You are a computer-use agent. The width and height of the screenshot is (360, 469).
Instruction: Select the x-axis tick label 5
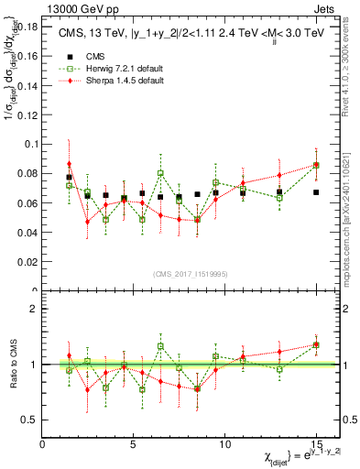tap(134, 444)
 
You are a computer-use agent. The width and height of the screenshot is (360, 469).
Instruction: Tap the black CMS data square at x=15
tap(316, 192)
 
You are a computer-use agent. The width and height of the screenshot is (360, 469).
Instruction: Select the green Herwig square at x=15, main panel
tap(316, 166)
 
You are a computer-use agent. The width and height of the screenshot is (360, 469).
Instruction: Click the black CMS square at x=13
tap(279, 192)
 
